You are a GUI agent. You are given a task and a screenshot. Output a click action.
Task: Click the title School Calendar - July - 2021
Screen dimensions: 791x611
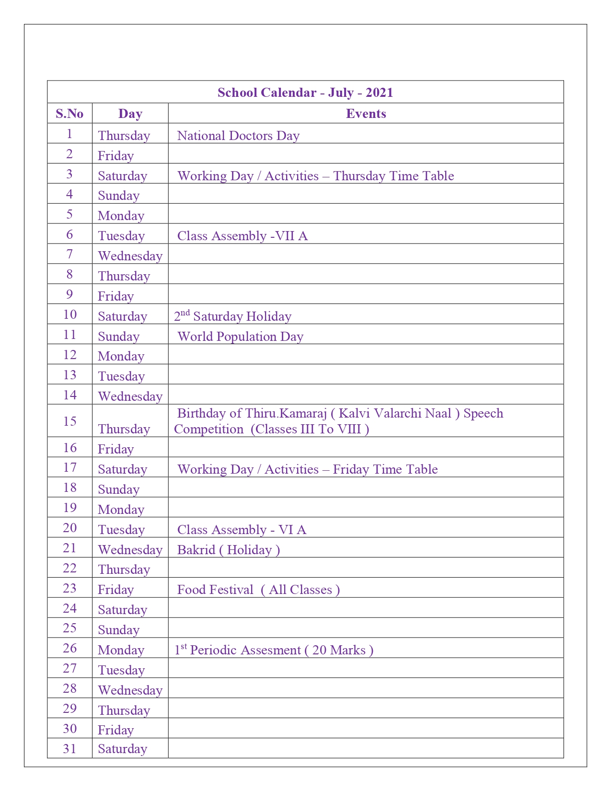305,93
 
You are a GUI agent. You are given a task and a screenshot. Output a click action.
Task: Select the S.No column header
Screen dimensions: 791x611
69,114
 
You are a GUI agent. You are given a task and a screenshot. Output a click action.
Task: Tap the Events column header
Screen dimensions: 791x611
366,114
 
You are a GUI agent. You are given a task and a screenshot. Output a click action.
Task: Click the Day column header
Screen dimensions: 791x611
130,114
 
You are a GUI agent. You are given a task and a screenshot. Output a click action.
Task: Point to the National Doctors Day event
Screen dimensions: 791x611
238,136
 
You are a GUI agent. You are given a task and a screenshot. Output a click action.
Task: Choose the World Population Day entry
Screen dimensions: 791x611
240,337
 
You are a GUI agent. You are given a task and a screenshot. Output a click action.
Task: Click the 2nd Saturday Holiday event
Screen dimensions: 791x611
232,316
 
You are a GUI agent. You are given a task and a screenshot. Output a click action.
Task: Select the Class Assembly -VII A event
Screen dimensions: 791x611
242,236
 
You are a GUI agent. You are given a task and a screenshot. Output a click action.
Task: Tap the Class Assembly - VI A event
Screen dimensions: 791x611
242,530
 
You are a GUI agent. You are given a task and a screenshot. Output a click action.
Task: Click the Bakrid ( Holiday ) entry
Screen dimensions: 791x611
229,550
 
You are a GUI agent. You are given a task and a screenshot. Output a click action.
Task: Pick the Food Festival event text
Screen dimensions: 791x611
258,590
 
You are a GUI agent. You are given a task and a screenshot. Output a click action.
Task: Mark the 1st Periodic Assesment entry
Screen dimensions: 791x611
274,650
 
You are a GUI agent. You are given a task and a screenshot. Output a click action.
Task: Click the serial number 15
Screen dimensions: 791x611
69,421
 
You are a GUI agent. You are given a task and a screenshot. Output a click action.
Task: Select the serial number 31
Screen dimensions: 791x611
69,748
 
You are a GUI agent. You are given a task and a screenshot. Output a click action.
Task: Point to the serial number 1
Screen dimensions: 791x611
69,134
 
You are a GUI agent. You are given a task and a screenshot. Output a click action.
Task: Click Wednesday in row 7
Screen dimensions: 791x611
130,256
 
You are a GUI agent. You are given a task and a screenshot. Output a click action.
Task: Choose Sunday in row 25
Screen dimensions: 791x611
118,630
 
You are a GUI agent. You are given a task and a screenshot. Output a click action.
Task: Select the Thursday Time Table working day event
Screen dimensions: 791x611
315,176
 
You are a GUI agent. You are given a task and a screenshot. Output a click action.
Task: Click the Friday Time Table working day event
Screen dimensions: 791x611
307,469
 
